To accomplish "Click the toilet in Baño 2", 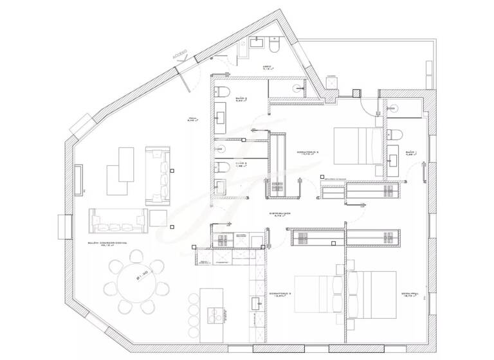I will pos(221,91).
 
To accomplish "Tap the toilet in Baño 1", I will pos(396,134).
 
